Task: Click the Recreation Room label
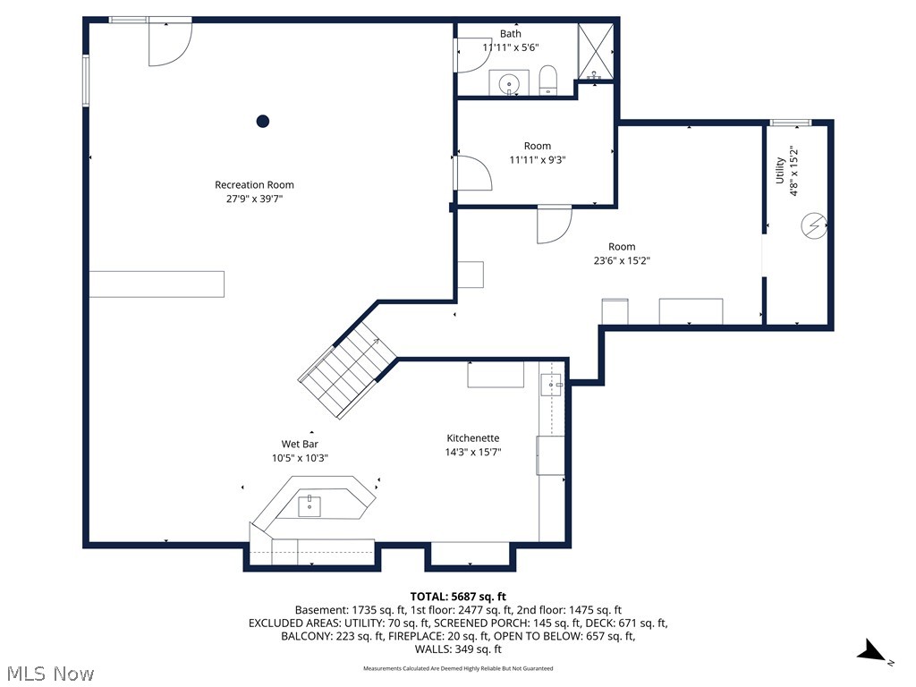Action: tap(254, 185)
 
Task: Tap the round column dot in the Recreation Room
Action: tap(263, 121)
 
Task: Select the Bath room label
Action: tap(510, 34)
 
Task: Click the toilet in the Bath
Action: tap(549, 81)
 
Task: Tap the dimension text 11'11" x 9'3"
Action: tap(537, 160)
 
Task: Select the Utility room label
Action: tap(780, 170)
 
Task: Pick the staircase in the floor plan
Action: tap(347, 371)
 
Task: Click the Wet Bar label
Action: tap(300, 444)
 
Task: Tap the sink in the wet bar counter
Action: tap(310, 506)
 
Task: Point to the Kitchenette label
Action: tap(473, 438)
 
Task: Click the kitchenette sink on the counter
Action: tap(550, 386)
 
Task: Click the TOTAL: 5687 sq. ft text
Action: tap(458, 597)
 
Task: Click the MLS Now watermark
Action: tap(49, 673)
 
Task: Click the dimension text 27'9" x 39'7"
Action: tap(254, 199)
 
